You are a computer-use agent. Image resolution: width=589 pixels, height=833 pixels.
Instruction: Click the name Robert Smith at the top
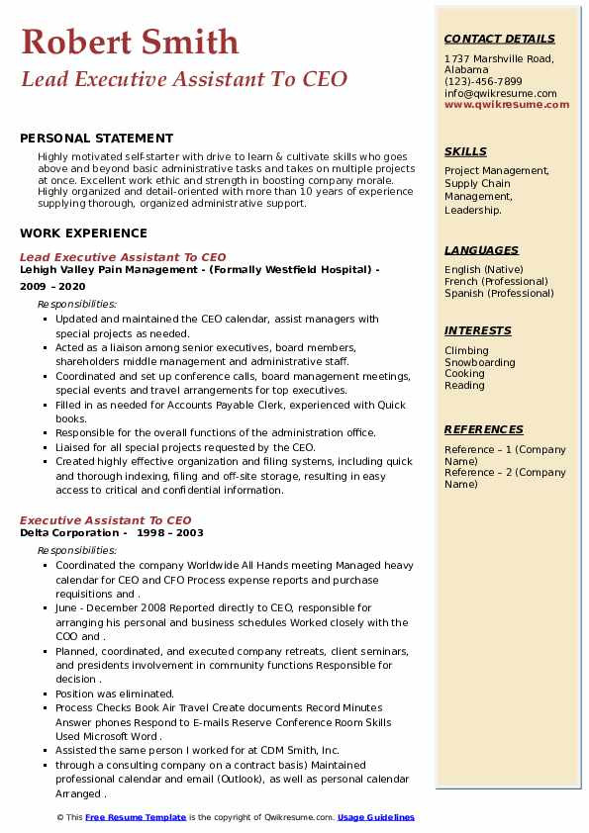pyautogui.click(x=130, y=42)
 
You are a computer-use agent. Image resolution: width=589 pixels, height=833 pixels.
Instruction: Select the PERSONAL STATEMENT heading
pyautogui.click(x=96, y=139)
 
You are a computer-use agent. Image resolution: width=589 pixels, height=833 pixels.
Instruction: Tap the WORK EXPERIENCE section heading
pyautogui.click(x=83, y=233)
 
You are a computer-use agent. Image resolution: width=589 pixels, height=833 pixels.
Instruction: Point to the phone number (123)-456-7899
pyautogui.click(x=483, y=82)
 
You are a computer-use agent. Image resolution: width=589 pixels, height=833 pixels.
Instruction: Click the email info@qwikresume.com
pyautogui.click(x=500, y=94)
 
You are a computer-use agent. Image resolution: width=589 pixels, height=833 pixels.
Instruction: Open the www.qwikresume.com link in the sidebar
pyautogui.click(x=507, y=105)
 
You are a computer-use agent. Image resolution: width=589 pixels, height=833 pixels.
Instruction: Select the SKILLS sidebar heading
pyautogui.click(x=465, y=151)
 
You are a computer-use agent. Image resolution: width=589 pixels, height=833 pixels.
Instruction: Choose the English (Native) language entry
pyautogui.click(x=484, y=269)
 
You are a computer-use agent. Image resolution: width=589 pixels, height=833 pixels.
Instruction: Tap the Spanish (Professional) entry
pyautogui.click(x=500, y=293)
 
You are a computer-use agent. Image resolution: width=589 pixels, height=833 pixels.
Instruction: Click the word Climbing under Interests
pyautogui.click(x=466, y=350)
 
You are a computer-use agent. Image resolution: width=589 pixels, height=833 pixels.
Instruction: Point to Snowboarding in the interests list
pyautogui.click(x=479, y=362)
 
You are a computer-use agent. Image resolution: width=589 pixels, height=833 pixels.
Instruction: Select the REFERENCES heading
pyautogui.click(x=484, y=429)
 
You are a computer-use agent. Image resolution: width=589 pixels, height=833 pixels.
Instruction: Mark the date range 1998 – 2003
pyautogui.click(x=170, y=532)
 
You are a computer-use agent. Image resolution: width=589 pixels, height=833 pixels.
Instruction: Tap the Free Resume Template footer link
pyautogui.click(x=136, y=817)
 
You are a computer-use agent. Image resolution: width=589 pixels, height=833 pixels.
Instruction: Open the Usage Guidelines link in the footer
pyautogui.click(x=376, y=817)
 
